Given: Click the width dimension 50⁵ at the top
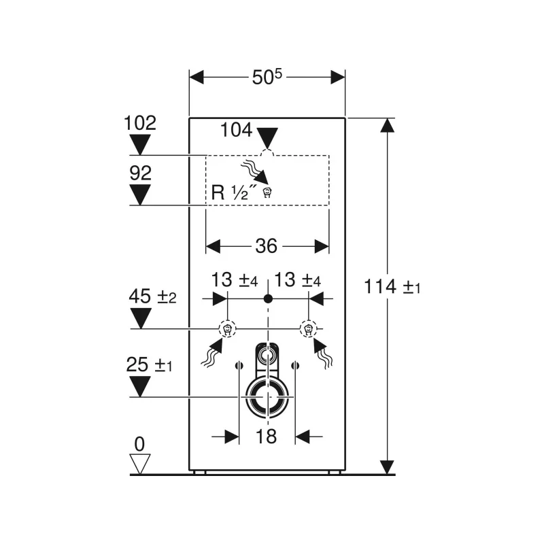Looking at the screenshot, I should tap(267, 77).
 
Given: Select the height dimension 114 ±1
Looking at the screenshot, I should tap(392, 287).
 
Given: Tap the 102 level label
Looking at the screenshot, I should tap(140, 123).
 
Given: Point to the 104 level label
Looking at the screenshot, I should tap(237, 129).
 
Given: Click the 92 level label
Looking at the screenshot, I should tap(140, 173).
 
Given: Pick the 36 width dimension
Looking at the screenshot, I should tap(267, 245).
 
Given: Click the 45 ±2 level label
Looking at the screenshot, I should tap(153, 297).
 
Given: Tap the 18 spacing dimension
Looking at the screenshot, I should tap(267, 436).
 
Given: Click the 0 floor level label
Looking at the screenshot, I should tap(139, 444).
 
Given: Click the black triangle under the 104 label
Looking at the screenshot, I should tap(269, 136).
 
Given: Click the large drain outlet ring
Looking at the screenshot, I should tap(267, 396).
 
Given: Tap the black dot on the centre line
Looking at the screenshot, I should tap(268, 298).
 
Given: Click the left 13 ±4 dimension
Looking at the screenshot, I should tap(231, 280).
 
